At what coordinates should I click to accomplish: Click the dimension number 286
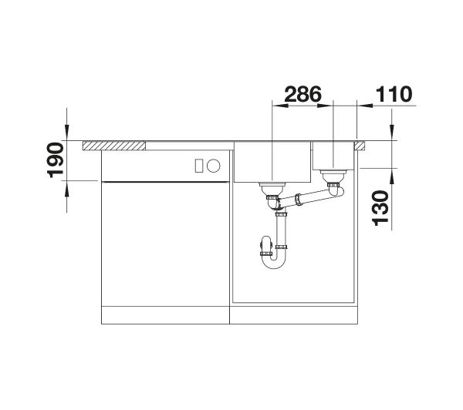[302, 94]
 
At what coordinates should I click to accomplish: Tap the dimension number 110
[394, 94]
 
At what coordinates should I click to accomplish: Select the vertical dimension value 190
[56, 160]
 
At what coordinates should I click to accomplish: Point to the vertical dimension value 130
[380, 208]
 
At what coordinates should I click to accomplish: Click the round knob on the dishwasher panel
[213, 166]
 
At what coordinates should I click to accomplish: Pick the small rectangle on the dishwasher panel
[199, 166]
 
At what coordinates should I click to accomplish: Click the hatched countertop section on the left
[114, 146]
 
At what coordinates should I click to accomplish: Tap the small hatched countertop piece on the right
[360, 146]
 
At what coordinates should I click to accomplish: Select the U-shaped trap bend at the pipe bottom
[274, 260]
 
